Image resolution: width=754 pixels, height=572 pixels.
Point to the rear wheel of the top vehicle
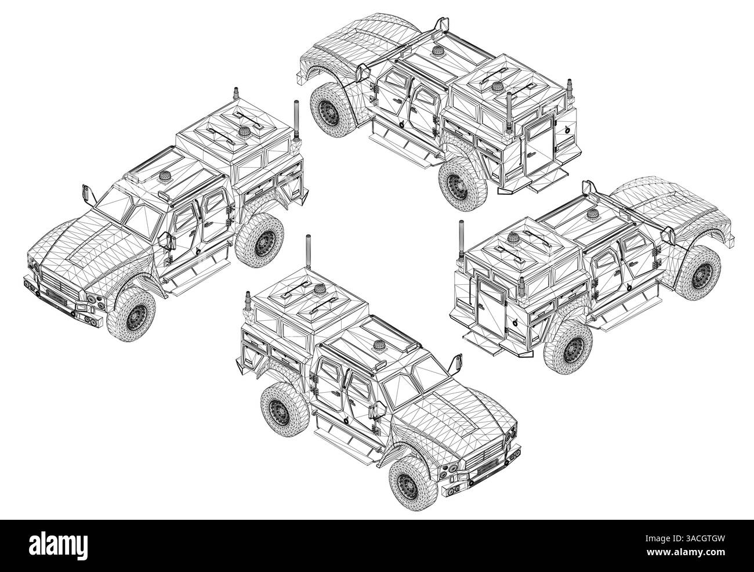point(458,186)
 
